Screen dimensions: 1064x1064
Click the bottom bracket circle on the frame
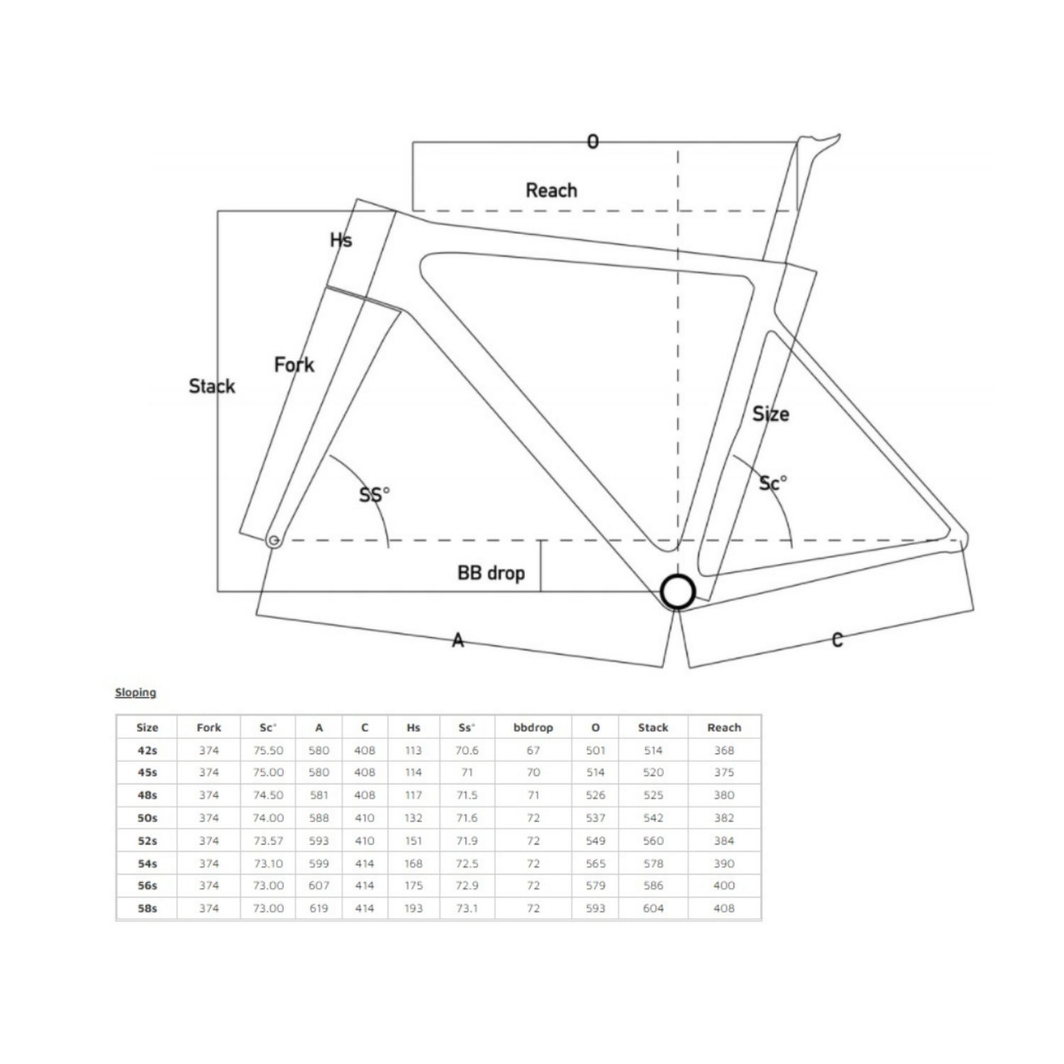point(677,592)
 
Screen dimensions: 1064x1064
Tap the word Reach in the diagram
point(551,190)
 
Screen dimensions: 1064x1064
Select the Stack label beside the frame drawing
point(211,386)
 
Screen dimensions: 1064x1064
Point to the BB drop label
point(491,572)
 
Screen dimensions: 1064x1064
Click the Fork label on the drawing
point(294,365)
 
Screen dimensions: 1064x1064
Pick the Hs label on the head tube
point(341,240)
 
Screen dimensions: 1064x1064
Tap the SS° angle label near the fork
point(375,494)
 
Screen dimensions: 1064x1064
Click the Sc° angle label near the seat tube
point(772,483)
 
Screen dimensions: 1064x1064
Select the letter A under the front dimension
point(458,641)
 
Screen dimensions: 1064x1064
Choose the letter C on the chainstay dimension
point(838,640)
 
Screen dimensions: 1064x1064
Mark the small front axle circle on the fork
point(274,541)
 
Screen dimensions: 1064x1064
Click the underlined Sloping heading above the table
point(135,692)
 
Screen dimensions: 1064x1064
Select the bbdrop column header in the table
point(533,727)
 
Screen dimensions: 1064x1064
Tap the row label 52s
point(147,841)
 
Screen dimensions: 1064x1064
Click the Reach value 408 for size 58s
point(724,908)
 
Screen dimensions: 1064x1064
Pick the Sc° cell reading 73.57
point(268,841)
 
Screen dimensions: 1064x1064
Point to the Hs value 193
point(414,908)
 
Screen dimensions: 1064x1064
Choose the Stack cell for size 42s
point(653,750)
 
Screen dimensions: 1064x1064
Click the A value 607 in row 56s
point(319,885)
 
